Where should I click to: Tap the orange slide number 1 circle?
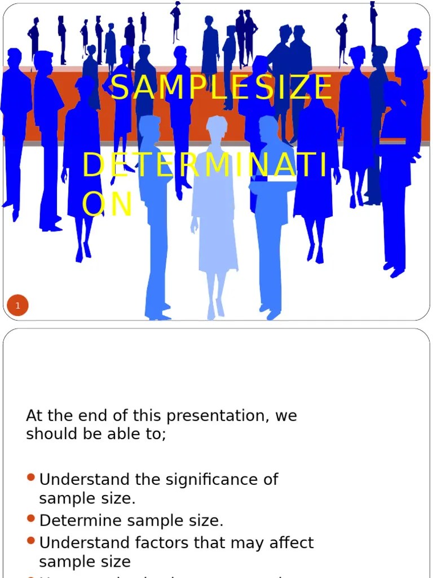17,306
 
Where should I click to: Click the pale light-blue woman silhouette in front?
214,214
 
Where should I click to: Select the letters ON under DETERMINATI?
107,204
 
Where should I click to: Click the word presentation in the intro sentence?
211,416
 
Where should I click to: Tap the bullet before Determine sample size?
31,518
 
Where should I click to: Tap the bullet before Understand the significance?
31,478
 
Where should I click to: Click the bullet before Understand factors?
31,541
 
